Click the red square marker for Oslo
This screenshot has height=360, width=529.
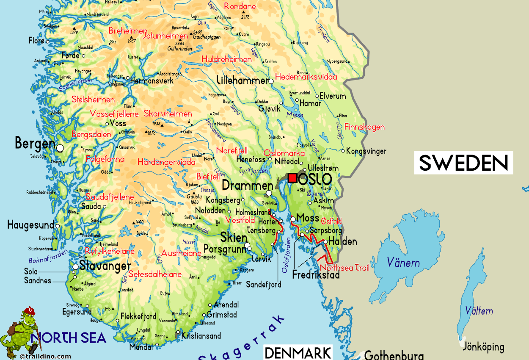click(x=292, y=178)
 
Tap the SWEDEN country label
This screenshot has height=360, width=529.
click(x=463, y=163)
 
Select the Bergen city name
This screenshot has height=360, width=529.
click(x=35, y=144)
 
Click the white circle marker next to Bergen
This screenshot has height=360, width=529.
click(x=60, y=148)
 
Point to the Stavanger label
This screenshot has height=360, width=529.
click(x=105, y=266)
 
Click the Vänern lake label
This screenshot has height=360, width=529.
click(x=403, y=263)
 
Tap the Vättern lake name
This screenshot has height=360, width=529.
click(x=479, y=311)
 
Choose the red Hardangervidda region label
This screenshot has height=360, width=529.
click(x=166, y=162)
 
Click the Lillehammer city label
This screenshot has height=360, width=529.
click(x=242, y=80)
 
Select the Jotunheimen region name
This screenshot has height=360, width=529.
click(x=165, y=36)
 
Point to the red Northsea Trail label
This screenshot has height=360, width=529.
click(x=344, y=268)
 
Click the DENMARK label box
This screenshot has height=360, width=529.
click(x=298, y=352)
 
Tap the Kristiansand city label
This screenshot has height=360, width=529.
click(x=201, y=336)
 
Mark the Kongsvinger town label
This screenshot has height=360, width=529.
click(x=366, y=151)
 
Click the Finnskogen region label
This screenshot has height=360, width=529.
click(x=364, y=127)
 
